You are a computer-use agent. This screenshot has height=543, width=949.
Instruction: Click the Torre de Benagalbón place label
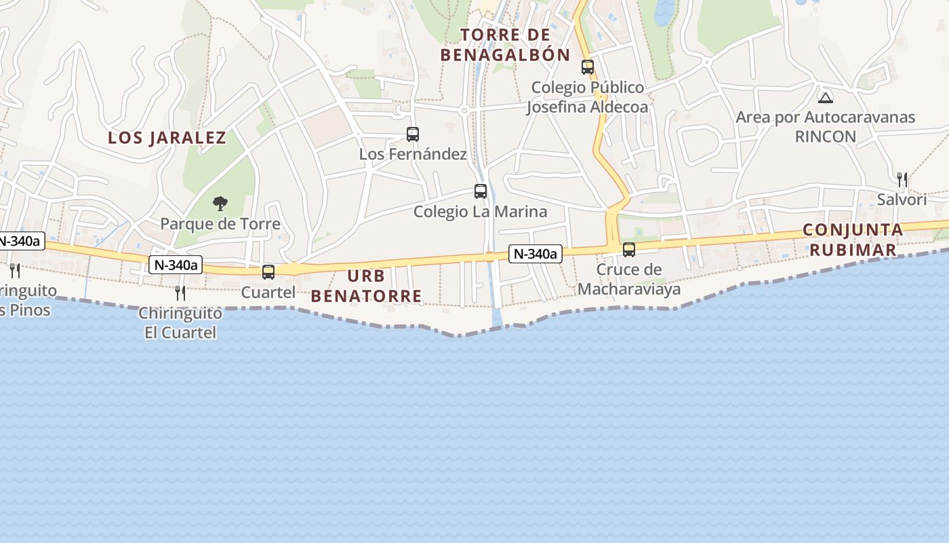click(505, 45)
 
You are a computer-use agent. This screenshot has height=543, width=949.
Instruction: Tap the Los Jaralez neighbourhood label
click(167, 138)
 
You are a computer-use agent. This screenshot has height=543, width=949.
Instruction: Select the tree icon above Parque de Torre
click(220, 202)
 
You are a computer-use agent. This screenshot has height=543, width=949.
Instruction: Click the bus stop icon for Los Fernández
click(413, 134)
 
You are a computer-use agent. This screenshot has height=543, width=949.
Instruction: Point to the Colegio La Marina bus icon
click(481, 191)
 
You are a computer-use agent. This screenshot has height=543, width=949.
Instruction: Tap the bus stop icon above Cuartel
click(268, 272)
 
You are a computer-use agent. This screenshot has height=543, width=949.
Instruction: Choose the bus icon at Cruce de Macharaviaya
click(629, 249)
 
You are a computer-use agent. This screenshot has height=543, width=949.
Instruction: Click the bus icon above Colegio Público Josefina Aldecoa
click(588, 67)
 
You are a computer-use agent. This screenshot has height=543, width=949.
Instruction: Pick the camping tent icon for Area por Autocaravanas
click(825, 97)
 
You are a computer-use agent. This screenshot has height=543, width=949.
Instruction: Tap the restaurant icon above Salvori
click(902, 179)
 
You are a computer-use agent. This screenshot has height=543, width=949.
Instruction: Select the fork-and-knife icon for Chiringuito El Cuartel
click(180, 293)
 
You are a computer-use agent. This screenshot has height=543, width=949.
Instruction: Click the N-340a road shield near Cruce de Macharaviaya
click(536, 254)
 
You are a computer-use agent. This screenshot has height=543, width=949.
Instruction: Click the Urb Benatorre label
click(366, 286)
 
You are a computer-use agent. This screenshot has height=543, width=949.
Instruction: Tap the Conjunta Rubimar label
click(853, 240)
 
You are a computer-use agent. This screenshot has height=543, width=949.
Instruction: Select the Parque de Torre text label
click(220, 223)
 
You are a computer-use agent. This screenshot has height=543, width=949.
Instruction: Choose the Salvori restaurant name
click(902, 200)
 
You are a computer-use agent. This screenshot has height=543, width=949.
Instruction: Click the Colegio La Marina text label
click(481, 212)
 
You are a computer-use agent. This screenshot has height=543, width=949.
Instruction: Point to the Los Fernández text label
click(413, 154)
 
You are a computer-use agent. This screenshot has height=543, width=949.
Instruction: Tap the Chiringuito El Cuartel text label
click(180, 323)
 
